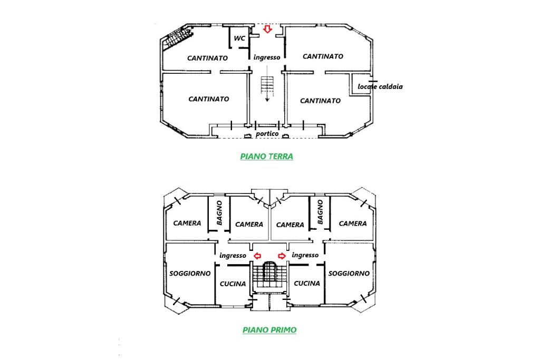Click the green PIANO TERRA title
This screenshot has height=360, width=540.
(x=266, y=157)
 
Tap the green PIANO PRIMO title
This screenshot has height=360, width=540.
(x=269, y=330)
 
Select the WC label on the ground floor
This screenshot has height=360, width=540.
(x=239, y=38)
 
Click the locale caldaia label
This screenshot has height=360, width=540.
(x=380, y=86)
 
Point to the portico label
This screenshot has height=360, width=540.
(x=267, y=134)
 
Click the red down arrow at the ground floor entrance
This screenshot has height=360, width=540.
(x=267, y=30)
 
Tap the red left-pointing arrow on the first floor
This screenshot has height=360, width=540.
(x=257, y=256)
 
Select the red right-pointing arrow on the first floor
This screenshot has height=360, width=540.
(x=282, y=256)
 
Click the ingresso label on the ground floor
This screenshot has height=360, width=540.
(x=267, y=57)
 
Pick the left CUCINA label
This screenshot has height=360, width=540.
(x=233, y=284)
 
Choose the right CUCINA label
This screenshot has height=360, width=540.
(x=307, y=283)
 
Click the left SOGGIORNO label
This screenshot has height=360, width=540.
(x=190, y=273)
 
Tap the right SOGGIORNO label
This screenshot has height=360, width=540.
(x=349, y=274)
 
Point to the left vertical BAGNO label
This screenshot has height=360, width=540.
(x=219, y=213)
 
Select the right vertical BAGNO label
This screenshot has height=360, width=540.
(x=320, y=212)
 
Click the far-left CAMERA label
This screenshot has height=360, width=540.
(x=187, y=223)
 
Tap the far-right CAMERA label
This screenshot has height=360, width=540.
(x=353, y=223)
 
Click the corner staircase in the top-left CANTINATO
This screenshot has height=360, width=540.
(x=177, y=38)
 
